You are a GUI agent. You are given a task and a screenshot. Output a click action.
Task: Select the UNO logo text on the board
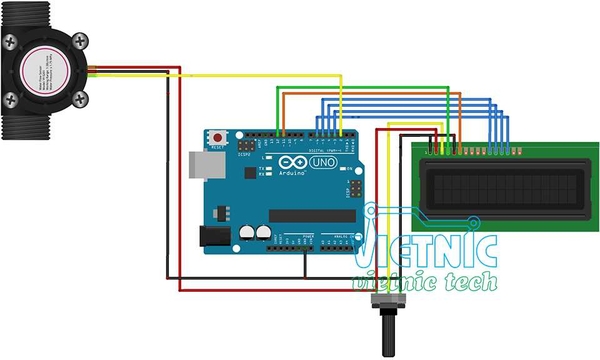322,162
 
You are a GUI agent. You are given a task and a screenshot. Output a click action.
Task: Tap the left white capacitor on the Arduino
246,235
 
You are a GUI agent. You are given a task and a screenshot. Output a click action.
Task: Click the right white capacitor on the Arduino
262,232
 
